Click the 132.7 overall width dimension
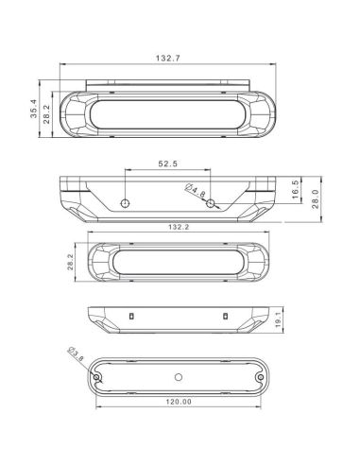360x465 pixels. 168,59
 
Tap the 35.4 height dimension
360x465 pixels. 33,109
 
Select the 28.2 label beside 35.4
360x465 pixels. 47,113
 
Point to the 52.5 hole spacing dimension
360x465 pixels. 167,164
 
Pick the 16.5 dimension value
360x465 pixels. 295,190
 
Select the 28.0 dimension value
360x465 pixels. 316,199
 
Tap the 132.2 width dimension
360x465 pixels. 179,227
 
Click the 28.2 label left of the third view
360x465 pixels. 70,262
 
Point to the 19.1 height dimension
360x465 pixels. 278,320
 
